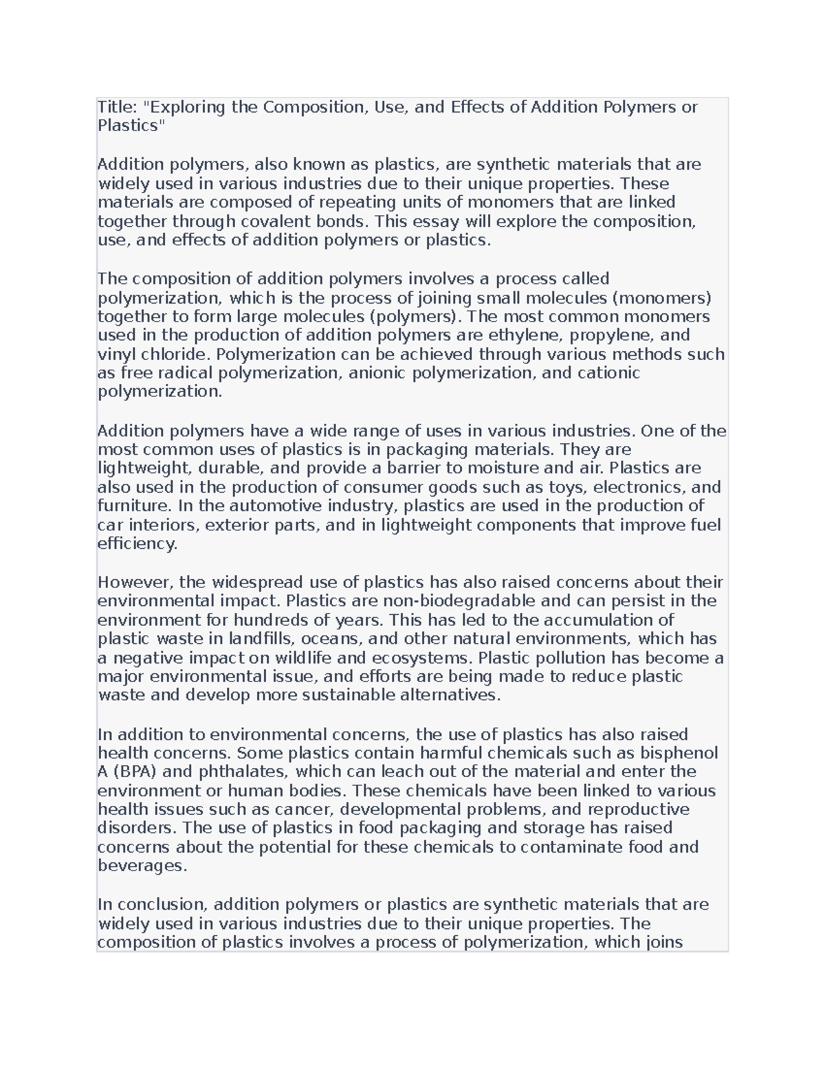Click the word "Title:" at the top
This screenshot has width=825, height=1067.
tap(118, 107)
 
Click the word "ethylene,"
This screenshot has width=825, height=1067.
tap(518, 335)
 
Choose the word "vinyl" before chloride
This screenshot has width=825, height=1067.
tap(117, 355)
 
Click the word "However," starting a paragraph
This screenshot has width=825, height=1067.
tap(135, 583)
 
